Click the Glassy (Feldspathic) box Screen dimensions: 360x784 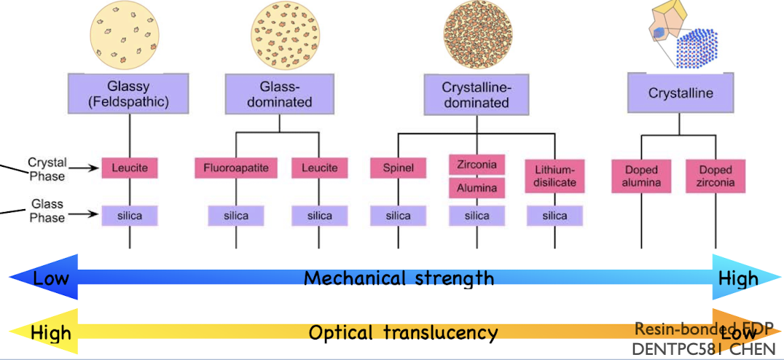coord(129,94)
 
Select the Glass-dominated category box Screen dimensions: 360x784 coord(278,94)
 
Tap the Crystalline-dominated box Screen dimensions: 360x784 coord(476,94)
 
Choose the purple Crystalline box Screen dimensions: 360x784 coord(680,93)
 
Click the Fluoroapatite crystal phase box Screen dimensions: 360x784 coord(235,168)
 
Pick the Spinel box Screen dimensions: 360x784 coord(398,168)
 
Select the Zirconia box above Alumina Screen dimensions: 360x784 coord(477,165)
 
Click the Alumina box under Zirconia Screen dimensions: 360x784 coord(477,188)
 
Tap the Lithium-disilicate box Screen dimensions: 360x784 coord(554,176)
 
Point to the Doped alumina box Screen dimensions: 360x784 coord(641,176)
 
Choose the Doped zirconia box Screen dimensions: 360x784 coord(715,176)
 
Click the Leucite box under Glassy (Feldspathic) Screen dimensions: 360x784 coord(130,168)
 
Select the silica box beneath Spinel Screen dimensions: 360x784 coord(398,216)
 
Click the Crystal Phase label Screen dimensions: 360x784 coord(47,169)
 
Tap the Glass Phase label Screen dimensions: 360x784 coord(47,211)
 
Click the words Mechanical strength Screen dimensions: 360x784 coord(399,278)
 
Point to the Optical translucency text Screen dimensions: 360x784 coord(403,333)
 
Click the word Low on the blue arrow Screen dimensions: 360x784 coord(51,278)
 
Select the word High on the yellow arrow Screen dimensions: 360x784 coord(51,334)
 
